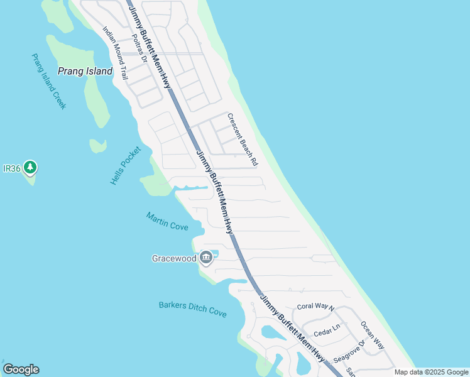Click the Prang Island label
(x=85, y=71)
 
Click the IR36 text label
(x=12, y=168)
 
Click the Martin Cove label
(x=167, y=221)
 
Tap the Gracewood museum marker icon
(x=205, y=258)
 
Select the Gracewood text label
(x=174, y=258)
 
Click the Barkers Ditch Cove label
(x=192, y=310)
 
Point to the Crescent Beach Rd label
(x=243, y=139)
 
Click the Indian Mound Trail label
(x=116, y=53)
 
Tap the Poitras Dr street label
(x=139, y=48)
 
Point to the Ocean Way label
(x=372, y=335)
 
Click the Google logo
(x=21, y=369)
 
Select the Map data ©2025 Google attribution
(x=432, y=372)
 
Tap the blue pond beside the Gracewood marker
(x=212, y=253)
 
